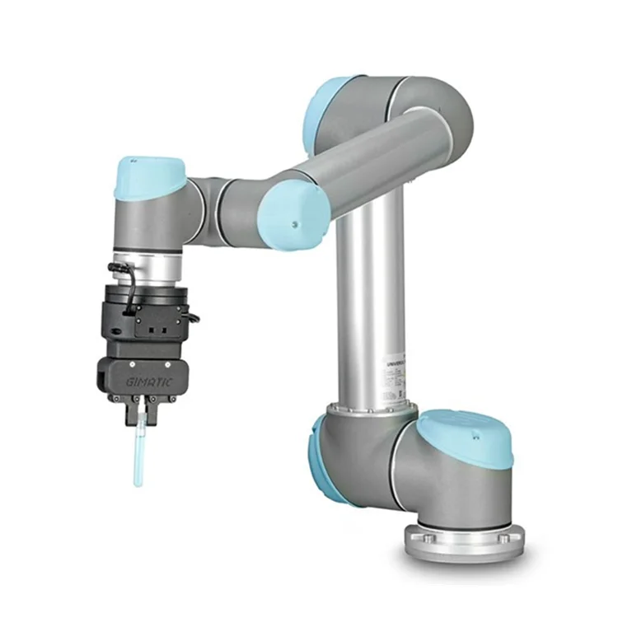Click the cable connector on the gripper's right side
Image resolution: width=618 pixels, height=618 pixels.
(192, 316)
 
